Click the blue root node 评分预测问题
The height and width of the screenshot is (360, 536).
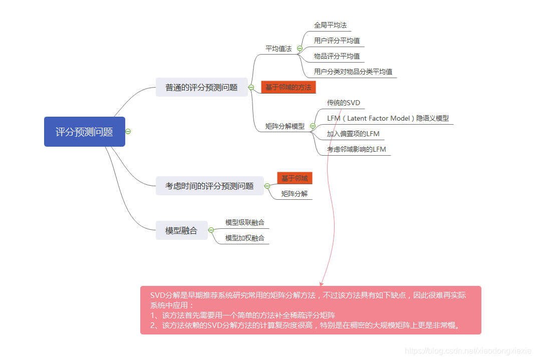(84, 132)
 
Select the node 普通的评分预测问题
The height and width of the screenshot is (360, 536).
(201, 87)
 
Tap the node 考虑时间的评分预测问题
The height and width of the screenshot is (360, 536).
(209, 186)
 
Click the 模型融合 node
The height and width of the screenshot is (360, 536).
(181, 231)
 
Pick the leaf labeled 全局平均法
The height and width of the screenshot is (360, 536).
(330, 25)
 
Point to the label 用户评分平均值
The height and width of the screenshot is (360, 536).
(337, 41)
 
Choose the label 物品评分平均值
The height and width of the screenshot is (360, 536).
(337, 56)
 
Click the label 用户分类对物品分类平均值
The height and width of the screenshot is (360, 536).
(353, 72)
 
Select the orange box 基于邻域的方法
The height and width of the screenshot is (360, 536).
(288, 87)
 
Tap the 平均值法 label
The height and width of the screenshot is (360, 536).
(278, 49)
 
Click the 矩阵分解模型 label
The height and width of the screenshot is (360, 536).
(285, 126)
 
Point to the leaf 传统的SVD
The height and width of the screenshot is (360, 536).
(343, 103)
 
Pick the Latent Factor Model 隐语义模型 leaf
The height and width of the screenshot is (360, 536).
(388, 119)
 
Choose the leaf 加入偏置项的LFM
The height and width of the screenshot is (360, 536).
(353, 134)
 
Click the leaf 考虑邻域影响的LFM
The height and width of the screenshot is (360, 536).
(356, 149)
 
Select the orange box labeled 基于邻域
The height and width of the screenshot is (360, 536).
(295, 178)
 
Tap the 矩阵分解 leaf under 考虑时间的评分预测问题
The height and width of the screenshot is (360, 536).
(294, 194)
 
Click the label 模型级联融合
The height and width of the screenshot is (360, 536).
(244, 222)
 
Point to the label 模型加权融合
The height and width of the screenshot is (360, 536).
(244, 238)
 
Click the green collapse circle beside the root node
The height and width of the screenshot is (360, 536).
(128, 132)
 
